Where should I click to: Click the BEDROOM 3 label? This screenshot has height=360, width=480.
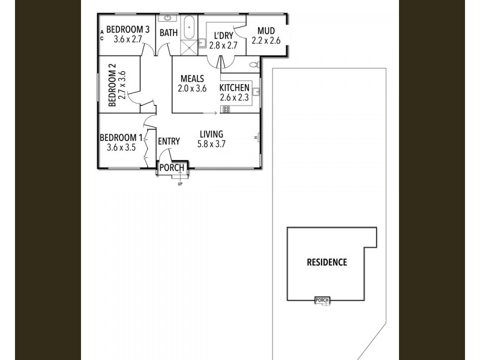[x=127, y=29]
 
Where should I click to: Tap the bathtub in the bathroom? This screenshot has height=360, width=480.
[x=190, y=28]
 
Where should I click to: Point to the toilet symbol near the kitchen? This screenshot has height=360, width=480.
[x=254, y=64]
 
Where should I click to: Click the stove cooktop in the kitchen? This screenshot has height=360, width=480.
[x=226, y=109]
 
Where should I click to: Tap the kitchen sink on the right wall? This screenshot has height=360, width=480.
[x=256, y=92]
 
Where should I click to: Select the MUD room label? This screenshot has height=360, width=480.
[x=266, y=31]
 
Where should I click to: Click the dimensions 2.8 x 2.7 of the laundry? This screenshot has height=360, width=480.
[x=224, y=44]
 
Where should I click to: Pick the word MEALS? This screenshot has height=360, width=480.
[x=192, y=79]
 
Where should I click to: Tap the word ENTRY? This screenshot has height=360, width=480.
[x=169, y=142]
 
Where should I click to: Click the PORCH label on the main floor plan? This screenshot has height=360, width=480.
[x=172, y=167]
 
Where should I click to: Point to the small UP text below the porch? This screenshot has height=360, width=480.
[x=179, y=184]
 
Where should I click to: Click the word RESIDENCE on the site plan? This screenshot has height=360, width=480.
[x=326, y=262]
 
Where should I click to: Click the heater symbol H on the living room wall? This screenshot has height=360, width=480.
[x=256, y=137]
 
